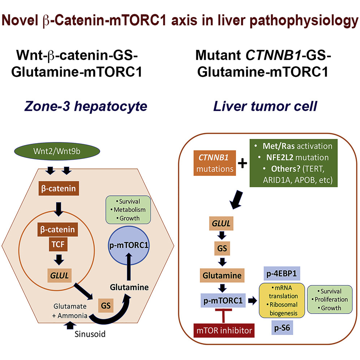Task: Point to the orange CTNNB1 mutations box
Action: [x=213, y=163]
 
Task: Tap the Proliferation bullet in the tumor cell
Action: [x=331, y=299]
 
